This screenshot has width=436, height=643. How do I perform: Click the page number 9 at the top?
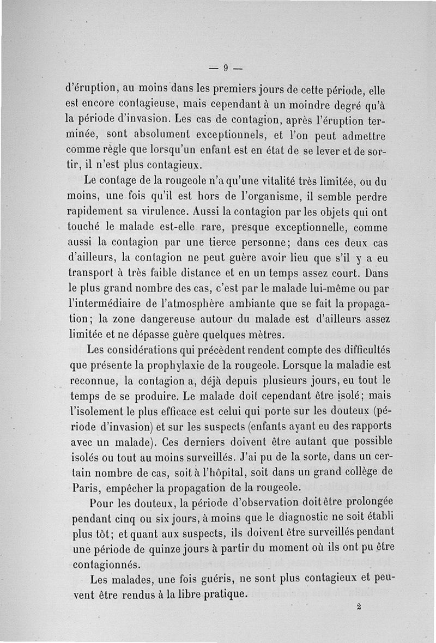click(225, 69)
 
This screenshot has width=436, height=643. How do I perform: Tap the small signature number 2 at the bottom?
click(359, 606)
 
